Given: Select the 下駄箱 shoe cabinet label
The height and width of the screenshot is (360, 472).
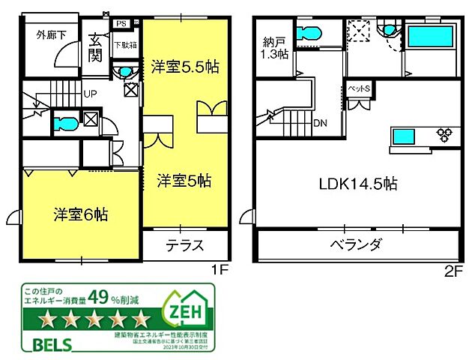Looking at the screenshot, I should [124, 44].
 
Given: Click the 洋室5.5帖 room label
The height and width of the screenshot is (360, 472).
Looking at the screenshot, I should [184, 66].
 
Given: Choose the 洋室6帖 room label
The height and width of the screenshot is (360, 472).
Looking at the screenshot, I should [80, 214].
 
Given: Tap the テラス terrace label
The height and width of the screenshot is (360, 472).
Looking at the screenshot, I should [184, 245].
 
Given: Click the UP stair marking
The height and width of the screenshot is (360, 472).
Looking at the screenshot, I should [89, 94].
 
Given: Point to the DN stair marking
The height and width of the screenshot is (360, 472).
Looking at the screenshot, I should [319, 123].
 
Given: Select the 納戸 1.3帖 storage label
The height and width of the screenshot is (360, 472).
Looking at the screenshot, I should [273, 47].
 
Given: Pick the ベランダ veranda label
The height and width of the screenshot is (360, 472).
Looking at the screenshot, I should [356, 245].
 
